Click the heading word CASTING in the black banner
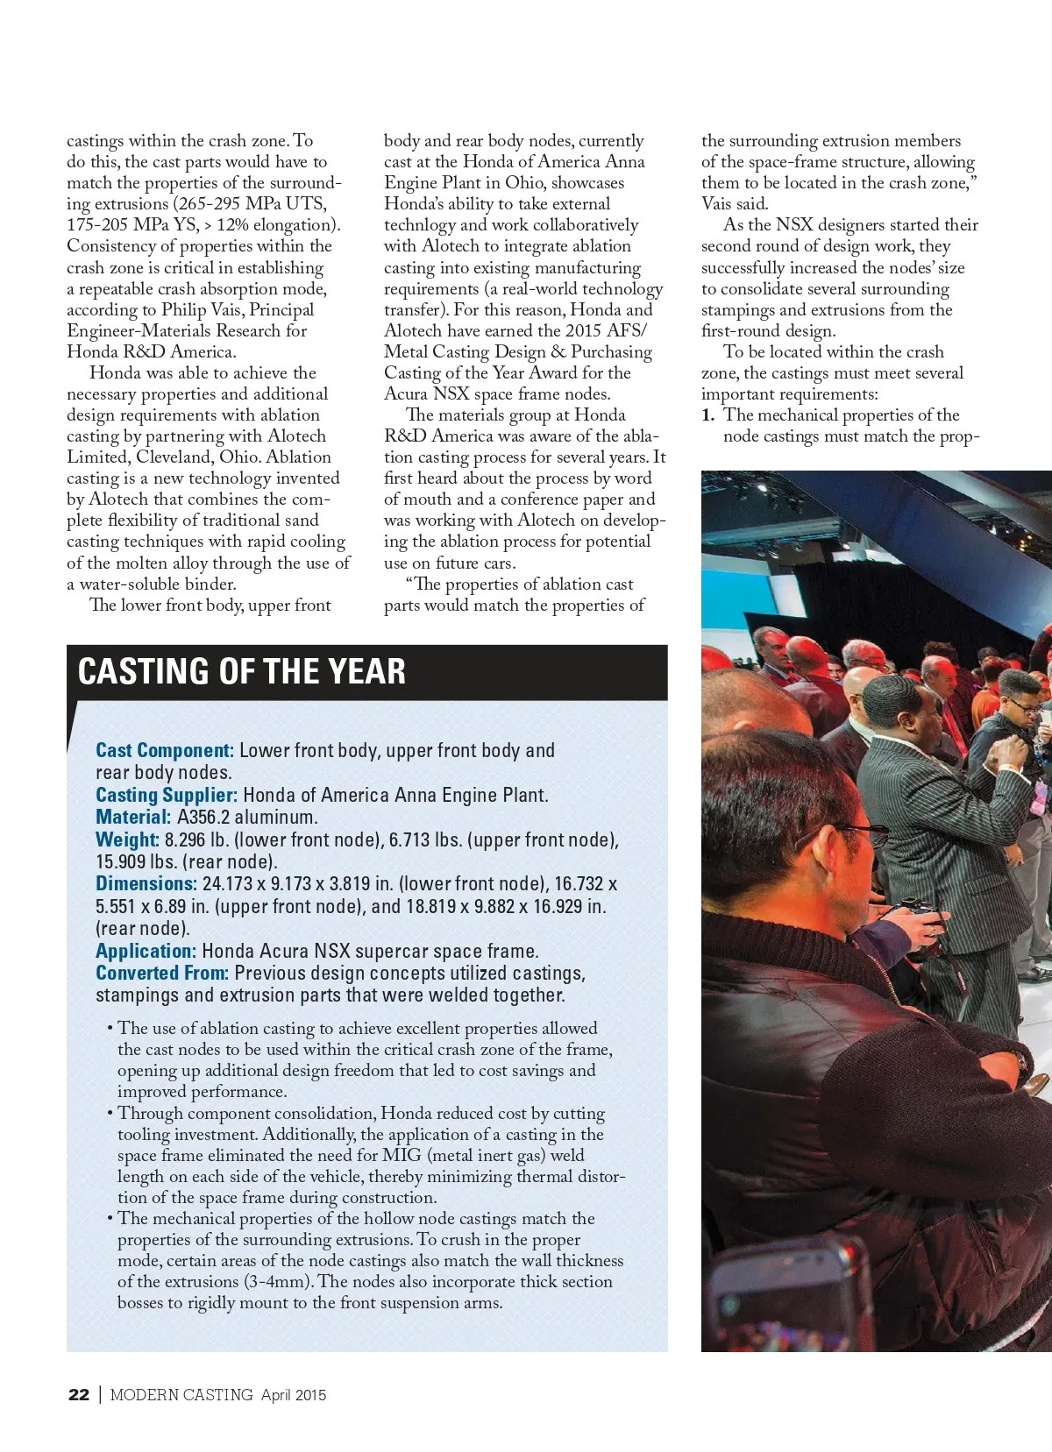(x=144, y=672)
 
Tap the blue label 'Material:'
(x=133, y=817)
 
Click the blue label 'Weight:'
(x=128, y=839)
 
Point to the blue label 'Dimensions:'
(x=146, y=883)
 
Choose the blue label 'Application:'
(x=146, y=951)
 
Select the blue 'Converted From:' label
(x=162, y=973)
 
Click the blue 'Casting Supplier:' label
(x=167, y=795)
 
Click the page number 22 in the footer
(x=79, y=1395)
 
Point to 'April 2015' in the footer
(x=294, y=1395)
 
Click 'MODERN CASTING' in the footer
(x=181, y=1395)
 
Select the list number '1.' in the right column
(x=708, y=415)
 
